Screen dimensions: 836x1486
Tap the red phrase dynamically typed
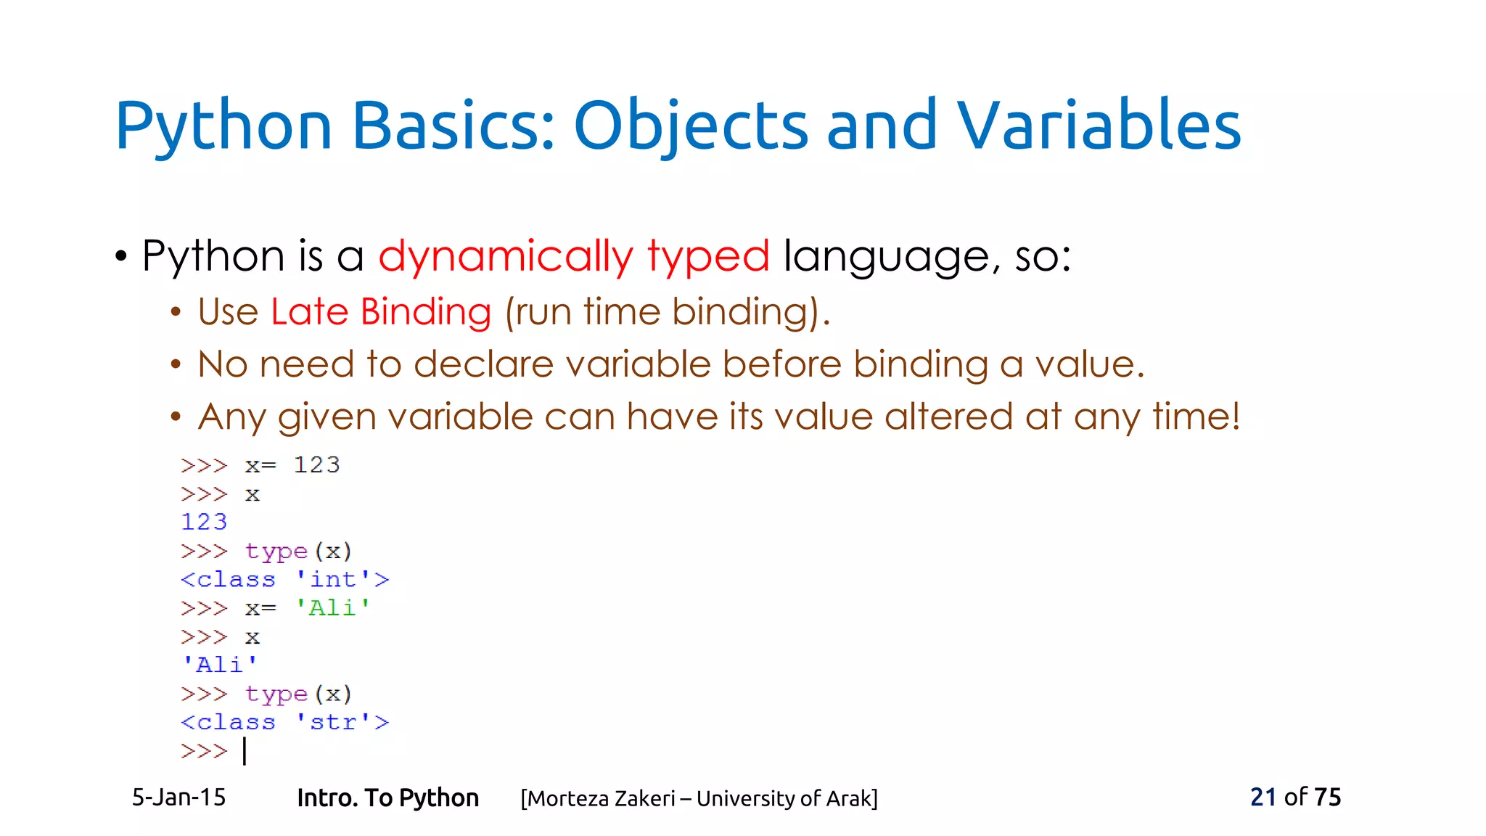573,257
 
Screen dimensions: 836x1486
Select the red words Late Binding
381,312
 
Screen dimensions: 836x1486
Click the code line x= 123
292,465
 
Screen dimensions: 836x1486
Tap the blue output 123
204,522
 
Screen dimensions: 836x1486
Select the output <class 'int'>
284,579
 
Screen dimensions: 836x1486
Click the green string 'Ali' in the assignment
333,607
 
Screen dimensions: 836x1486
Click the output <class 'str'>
284,722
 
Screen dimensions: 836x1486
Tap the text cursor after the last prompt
245,751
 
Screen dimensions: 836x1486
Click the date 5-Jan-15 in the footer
178,798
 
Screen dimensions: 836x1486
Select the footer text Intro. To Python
387,798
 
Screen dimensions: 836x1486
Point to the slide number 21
1263,798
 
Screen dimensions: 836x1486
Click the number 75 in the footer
1327,798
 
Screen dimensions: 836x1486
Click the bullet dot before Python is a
121,257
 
